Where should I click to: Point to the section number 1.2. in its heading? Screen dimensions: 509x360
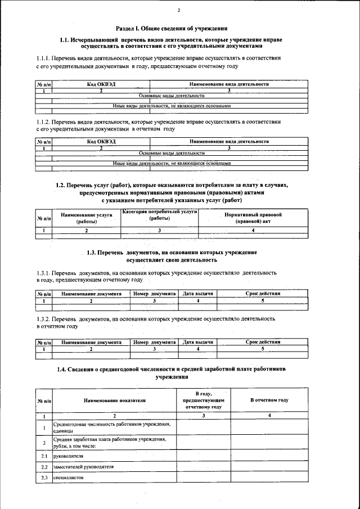pyautogui.click(x=62, y=184)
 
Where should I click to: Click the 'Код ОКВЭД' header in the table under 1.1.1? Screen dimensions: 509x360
pyautogui.click(x=101, y=84)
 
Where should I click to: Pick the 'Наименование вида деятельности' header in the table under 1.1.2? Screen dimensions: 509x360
pyautogui.click(x=229, y=142)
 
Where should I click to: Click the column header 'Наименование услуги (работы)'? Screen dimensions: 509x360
pyautogui.click(x=87, y=218)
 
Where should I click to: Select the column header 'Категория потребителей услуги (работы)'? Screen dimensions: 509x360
pyautogui.click(x=159, y=215)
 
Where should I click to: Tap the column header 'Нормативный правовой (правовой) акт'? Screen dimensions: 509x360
pyautogui.click(x=253, y=218)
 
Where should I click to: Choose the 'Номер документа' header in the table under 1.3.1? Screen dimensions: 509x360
pyautogui.click(x=154, y=294)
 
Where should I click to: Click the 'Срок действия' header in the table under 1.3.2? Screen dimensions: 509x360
pyautogui.click(x=263, y=342)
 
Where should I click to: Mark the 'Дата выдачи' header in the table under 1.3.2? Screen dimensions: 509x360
pyautogui.click(x=198, y=342)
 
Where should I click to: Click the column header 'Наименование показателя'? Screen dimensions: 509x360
pyautogui.click(x=114, y=400)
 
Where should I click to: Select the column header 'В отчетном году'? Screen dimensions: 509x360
pyautogui.click(x=269, y=400)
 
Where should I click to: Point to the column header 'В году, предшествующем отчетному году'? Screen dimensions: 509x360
pyautogui.click(x=203, y=400)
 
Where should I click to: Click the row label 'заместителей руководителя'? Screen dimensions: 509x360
pyautogui.click(x=83, y=467)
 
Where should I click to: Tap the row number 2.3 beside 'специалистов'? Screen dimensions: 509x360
pyautogui.click(x=43, y=478)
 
